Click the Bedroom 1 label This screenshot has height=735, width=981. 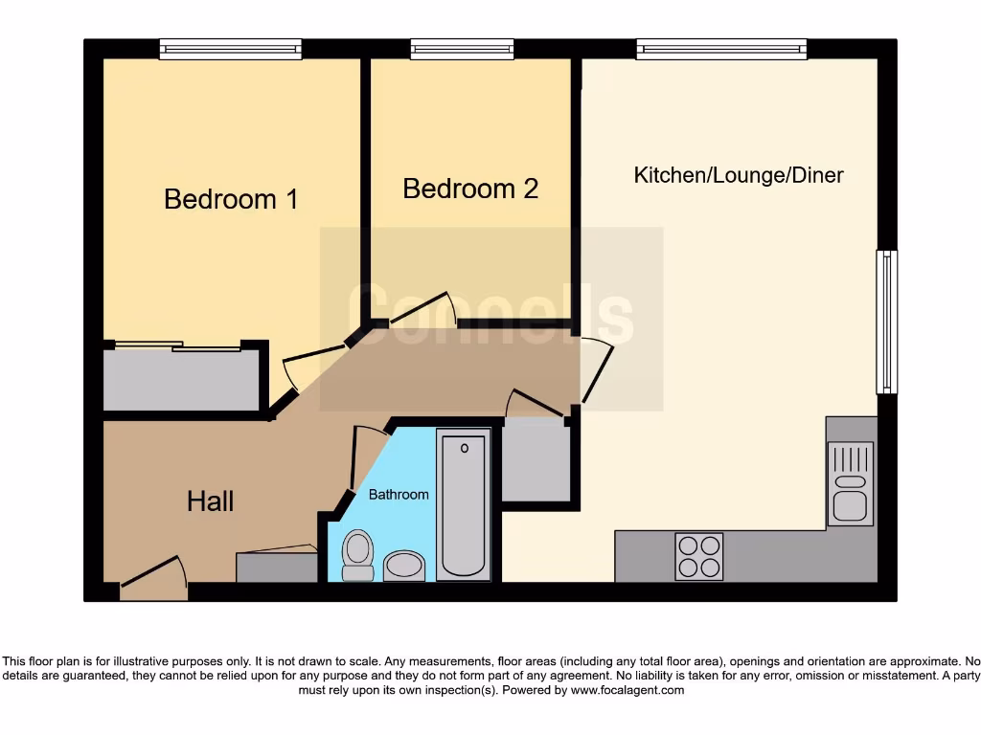coord(231,199)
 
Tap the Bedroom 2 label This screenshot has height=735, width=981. coord(470,189)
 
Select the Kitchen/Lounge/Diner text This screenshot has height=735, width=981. coord(739,175)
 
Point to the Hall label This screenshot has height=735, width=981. coord(210,501)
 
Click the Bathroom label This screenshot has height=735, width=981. coord(399,495)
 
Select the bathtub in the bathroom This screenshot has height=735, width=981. coord(464,504)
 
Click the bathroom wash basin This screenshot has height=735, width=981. coord(404,566)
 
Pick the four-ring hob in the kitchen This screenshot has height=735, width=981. coord(698,556)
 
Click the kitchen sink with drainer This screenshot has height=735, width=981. coord(850,483)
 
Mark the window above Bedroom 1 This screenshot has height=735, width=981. coord(230,49)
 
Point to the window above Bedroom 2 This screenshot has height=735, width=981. coord(462,49)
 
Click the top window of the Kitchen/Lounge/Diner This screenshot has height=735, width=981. coord(721,49)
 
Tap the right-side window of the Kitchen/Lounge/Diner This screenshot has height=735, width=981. coord(887,322)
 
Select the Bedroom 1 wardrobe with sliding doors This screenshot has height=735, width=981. coord(182,379)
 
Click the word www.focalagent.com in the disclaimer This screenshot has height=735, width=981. coord(627,690)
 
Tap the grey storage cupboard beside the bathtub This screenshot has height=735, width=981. coord(536,462)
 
